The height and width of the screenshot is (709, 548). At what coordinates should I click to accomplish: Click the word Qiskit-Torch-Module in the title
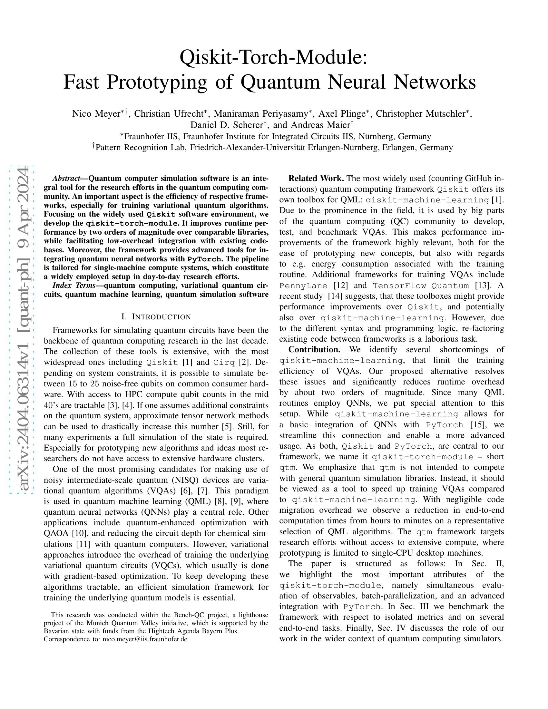coord(273,57)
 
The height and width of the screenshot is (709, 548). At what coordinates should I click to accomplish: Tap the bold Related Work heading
coord(316,179)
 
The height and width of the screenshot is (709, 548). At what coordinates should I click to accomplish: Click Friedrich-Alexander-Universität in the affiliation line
coord(247,148)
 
